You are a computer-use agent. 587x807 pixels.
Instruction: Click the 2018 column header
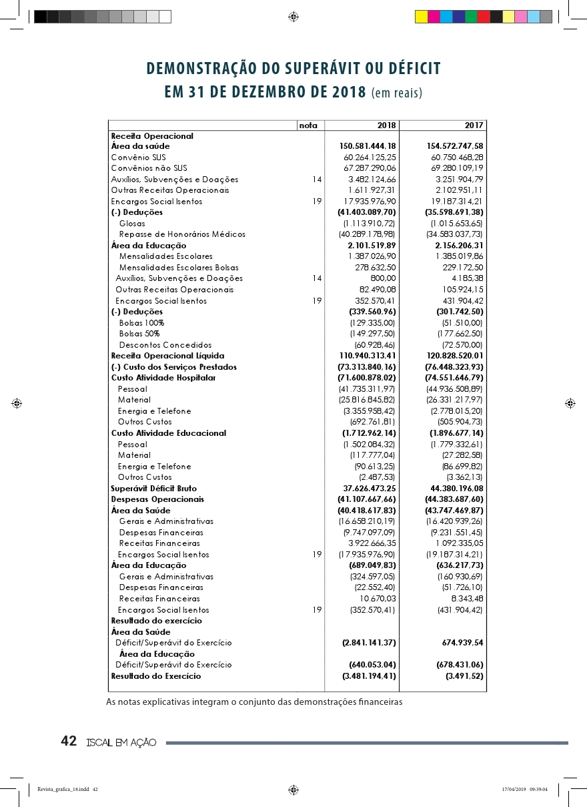[x=386, y=125]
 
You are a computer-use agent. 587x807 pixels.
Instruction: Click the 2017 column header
[x=474, y=125]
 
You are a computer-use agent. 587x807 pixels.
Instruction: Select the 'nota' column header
[x=308, y=125]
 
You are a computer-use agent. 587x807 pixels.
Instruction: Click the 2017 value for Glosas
[x=457, y=224]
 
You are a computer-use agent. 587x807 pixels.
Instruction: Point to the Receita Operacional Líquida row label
[x=167, y=356]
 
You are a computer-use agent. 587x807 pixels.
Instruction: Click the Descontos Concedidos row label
[x=165, y=345]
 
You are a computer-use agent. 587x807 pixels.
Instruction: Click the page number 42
[x=68, y=741]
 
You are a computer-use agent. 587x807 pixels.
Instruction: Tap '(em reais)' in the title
[x=397, y=93]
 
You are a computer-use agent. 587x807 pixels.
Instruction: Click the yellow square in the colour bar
[x=421, y=17]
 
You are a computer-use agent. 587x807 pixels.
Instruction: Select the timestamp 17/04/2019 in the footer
[x=514, y=790]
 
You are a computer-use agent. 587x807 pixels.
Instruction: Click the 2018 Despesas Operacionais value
[x=367, y=499]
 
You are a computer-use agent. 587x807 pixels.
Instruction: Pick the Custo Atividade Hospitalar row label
[x=163, y=378]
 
